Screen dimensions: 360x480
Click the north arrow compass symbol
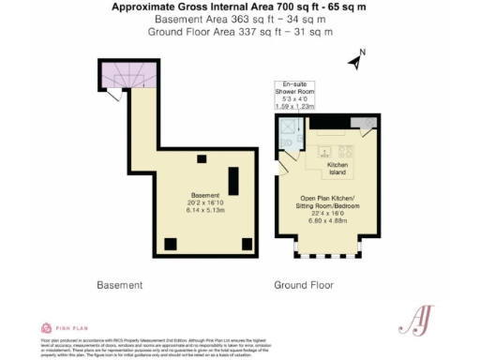[x=354, y=61]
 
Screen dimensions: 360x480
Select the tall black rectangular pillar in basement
[x=233, y=178]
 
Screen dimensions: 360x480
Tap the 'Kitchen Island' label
[x=337, y=169]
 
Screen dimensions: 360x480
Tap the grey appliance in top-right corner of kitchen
[x=362, y=124]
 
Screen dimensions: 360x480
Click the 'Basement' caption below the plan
[x=119, y=284]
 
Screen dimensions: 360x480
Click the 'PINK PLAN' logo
[x=66, y=328]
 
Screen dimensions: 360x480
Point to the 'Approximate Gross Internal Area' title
[x=239, y=7]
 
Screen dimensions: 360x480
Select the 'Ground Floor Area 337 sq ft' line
[x=239, y=32]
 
